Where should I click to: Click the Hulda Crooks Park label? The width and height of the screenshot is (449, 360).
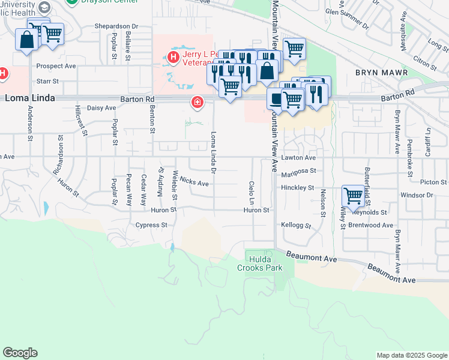pyautogui.click(x=265, y=263)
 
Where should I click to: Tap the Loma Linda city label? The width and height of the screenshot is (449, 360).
pyautogui.click(x=30, y=97)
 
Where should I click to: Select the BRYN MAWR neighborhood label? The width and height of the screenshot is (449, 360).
pyautogui.click(x=381, y=73)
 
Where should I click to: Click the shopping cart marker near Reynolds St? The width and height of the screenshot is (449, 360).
pyautogui.click(x=353, y=196)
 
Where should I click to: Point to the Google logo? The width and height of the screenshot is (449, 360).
pyautogui.click(x=20, y=353)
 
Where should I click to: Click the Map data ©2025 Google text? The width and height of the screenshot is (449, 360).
pyautogui.click(x=412, y=355)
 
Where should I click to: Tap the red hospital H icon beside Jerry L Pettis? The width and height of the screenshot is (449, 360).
pyautogui.click(x=173, y=58)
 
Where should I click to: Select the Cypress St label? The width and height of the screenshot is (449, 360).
pyautogui.click(x=151, y=225)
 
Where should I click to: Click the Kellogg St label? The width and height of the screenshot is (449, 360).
pyautogui.click(x=296, y=226)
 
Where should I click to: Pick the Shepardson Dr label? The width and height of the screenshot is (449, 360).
pyautogui.click(x=116, y=26)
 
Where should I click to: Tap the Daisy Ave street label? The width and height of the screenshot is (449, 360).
pyautogui.click(x=101, y=108)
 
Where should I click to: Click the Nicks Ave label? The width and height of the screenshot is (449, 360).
pyautogui.click(x=194, y=182)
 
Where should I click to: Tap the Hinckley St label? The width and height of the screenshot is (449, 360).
pyautogui.click(x=298, y=188)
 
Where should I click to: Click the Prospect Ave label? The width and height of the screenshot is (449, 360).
pyautogui.click(x=56, y=65)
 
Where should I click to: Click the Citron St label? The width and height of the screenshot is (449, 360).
pyautogui.click(x=424, y=62)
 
